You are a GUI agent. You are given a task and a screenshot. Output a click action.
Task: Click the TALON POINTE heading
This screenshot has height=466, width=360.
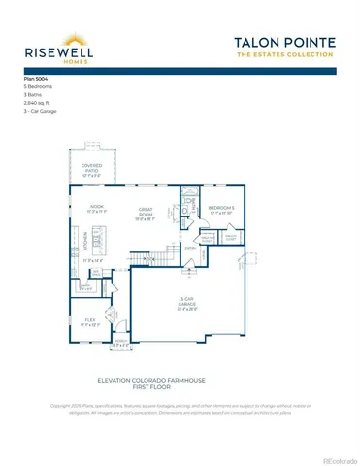click(284, 42)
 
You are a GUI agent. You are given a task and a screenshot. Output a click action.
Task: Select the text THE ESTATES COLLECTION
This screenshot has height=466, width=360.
click(284, 56)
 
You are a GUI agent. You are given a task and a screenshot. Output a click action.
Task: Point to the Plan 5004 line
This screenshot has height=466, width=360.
click(35, 77)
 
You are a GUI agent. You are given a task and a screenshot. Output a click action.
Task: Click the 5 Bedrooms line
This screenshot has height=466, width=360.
click(37, 85)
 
